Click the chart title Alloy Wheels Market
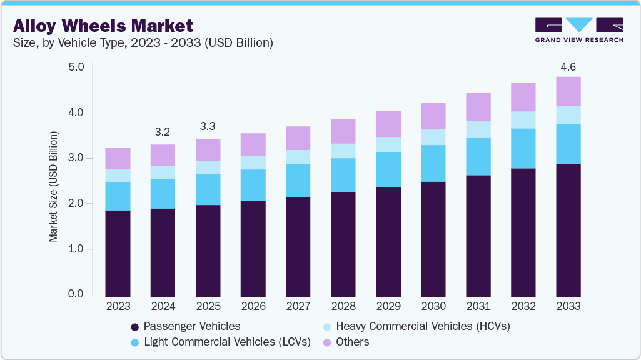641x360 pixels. click(103, 26)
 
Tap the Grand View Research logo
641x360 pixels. click(578, 30)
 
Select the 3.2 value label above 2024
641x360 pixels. click(163, 132)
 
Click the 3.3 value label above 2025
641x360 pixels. click(208, 127)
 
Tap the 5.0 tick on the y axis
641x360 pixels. click(76, 66)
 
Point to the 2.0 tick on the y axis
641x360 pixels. click(76, 204)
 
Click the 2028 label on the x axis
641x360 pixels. click(343, 306)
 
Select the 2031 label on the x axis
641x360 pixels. click(478, 306)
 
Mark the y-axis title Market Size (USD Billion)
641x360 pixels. click(54, 186)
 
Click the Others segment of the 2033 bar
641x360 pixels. click(568, 91)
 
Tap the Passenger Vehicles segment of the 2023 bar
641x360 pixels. click(118, 253)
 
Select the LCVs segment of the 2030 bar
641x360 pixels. click(433, 163)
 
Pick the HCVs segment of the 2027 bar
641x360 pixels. click(298, 157)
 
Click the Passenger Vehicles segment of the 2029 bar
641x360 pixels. click(388, 241)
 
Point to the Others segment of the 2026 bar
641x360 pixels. click(253, 144)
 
